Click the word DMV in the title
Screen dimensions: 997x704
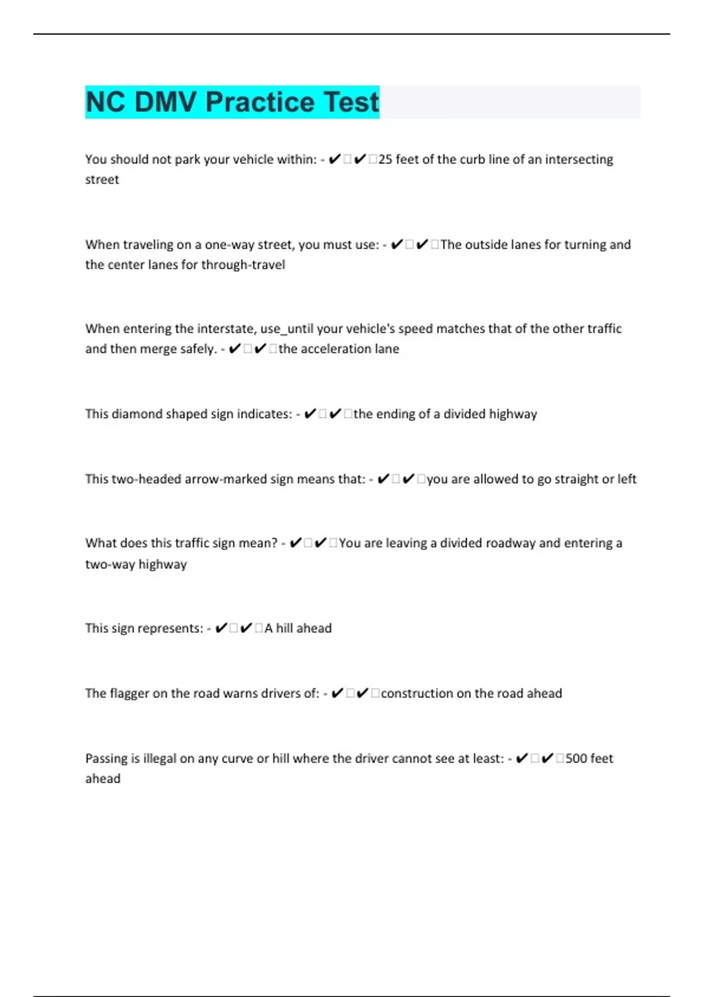point(165,102)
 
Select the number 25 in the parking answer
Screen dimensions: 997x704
point(385,160)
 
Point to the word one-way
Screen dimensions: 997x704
point(230,245)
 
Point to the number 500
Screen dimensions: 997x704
point(576,758)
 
